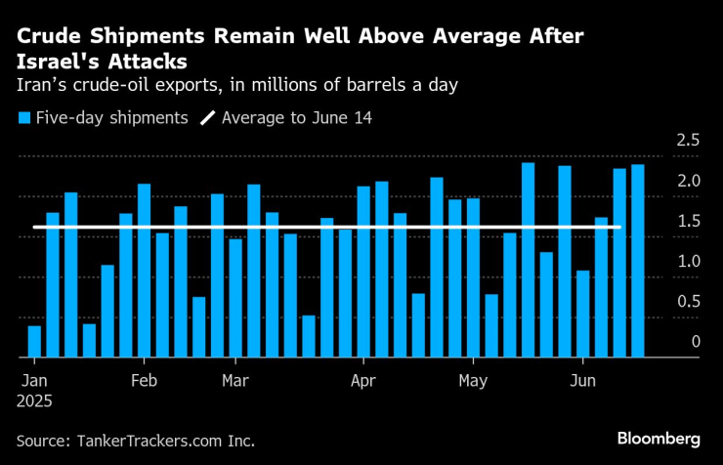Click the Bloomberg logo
coord(659,437)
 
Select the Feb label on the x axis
coord(144,379)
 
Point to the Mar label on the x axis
coord(234,379)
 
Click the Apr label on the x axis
coord(362,379)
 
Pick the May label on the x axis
coord(473,379)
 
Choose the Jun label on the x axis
coord(582,379)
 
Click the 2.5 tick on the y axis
coord(688,141)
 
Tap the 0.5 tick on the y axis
coord(688,302)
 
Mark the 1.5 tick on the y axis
coord(688,221)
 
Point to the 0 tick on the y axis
coord(695,342)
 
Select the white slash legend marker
coord(207,118)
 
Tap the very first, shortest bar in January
coord(34,341)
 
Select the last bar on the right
coord(638,260)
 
